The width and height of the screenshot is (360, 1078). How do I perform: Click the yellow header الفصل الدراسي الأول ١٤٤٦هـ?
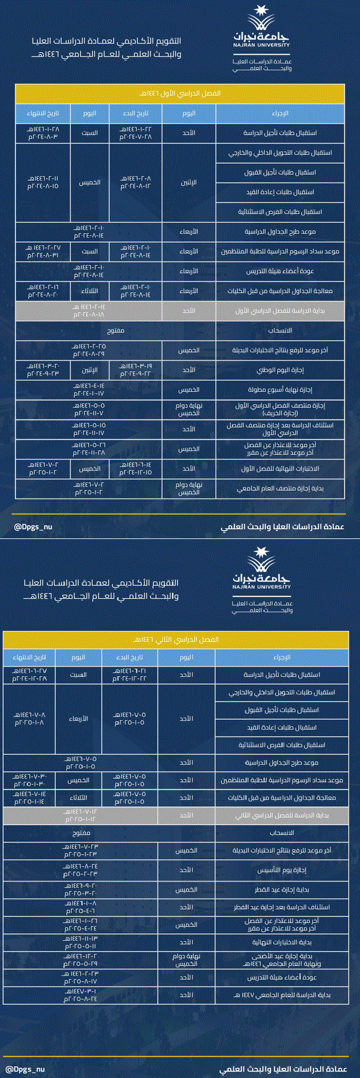coord(180,93)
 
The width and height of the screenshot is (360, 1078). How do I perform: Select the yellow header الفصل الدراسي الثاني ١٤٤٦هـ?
coord(176,639)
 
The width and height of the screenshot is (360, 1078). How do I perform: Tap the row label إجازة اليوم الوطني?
coord(280,370)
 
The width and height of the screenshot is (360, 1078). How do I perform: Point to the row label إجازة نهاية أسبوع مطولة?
coord(280,390)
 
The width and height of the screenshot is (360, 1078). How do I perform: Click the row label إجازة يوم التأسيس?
coord(282,870)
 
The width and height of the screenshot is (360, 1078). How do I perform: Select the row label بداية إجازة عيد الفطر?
coord(282,890)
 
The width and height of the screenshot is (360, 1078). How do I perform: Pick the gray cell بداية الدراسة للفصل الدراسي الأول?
coord(280,310)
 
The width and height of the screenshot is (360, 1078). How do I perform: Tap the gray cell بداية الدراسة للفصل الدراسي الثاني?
coord(282,815)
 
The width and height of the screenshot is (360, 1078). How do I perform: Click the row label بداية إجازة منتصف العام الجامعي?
coord(280,488)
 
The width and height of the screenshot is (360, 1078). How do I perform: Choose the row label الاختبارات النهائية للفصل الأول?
coord(280,469)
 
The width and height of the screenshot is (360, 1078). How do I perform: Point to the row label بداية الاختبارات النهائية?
coord(282,942)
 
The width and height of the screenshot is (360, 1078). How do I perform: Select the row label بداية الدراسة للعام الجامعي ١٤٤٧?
coord(282,995)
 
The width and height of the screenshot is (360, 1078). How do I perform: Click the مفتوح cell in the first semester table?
coord(116,330)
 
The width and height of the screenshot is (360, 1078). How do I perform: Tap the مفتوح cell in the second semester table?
coord(80,833)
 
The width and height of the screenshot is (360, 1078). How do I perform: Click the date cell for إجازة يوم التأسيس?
coord(80,870)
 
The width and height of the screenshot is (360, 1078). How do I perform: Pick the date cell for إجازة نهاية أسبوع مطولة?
coord(88,390)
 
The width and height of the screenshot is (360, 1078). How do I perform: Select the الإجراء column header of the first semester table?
coord(280,113)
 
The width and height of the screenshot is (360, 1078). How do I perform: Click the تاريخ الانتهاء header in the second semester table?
coord(29,657)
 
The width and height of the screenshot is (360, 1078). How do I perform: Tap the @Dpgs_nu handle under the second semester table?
coord(26,1069)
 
